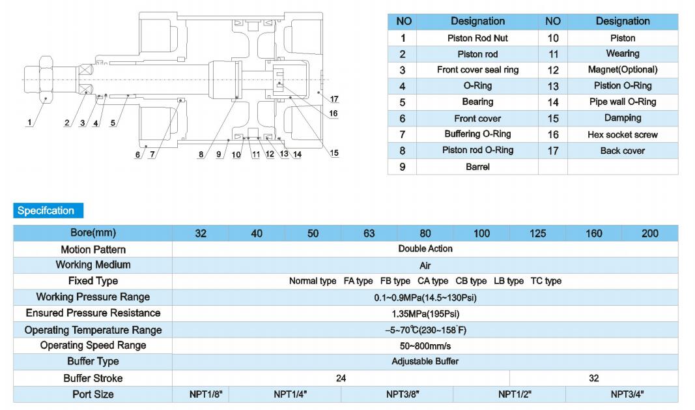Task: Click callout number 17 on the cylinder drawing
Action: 334,99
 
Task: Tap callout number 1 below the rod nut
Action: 30,123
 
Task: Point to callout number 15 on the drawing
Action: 334,153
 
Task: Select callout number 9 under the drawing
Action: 218,154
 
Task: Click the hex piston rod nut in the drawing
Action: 46,80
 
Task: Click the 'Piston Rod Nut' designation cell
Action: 477,38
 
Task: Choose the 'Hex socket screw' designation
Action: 622,134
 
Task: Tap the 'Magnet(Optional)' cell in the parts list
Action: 622,70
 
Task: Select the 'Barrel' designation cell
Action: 477,167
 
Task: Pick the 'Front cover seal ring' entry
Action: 477,70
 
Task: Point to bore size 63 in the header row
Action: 369,233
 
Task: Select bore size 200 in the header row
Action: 650,233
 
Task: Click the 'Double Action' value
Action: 425,248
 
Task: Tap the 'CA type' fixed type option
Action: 433,281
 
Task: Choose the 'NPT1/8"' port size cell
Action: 206,394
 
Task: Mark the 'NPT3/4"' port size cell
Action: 627,394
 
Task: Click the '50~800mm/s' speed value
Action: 425,345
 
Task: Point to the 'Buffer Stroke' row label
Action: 92,378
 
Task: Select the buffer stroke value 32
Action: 593,378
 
